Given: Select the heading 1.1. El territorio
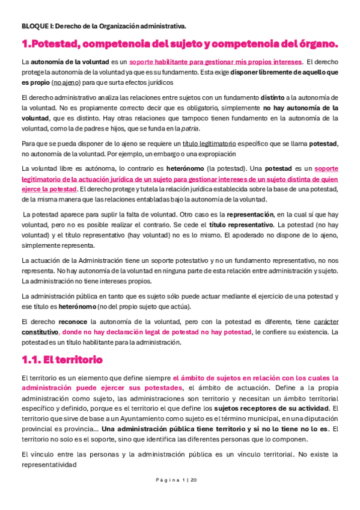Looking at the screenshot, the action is coord(62,360).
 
